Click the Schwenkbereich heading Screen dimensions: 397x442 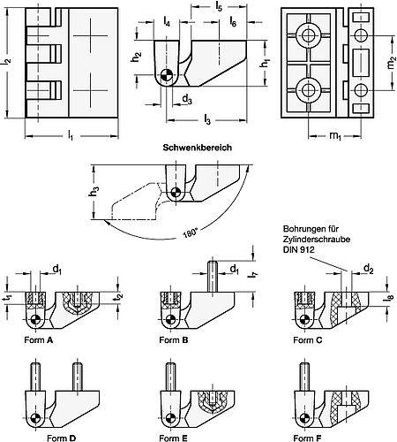(x=198, y=148)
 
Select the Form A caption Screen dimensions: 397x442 (x=39, y=340)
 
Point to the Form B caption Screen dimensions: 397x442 (x=174, y=340)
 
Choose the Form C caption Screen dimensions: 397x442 (x=308, y=340)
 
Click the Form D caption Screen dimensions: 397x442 (x=61, y=438)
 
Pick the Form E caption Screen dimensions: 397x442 (x=173, y=438)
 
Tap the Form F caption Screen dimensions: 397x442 (x=308, y=438)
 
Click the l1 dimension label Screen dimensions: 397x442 (x=70, y=136)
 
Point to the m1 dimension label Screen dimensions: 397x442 (x=335, y=136)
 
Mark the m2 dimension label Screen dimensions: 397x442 (x=390, y=63)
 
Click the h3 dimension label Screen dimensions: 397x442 (x=94, y=192)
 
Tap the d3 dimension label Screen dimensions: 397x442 (x=187, y=99)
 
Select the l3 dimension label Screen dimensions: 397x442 (x=207, y=120)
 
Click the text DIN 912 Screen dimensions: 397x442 (x=298, y=250)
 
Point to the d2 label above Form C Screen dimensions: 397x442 (x=369, y=269)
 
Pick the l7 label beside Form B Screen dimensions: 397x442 (x=255, y=276)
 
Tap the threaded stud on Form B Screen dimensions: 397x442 (x=213, y=277)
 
